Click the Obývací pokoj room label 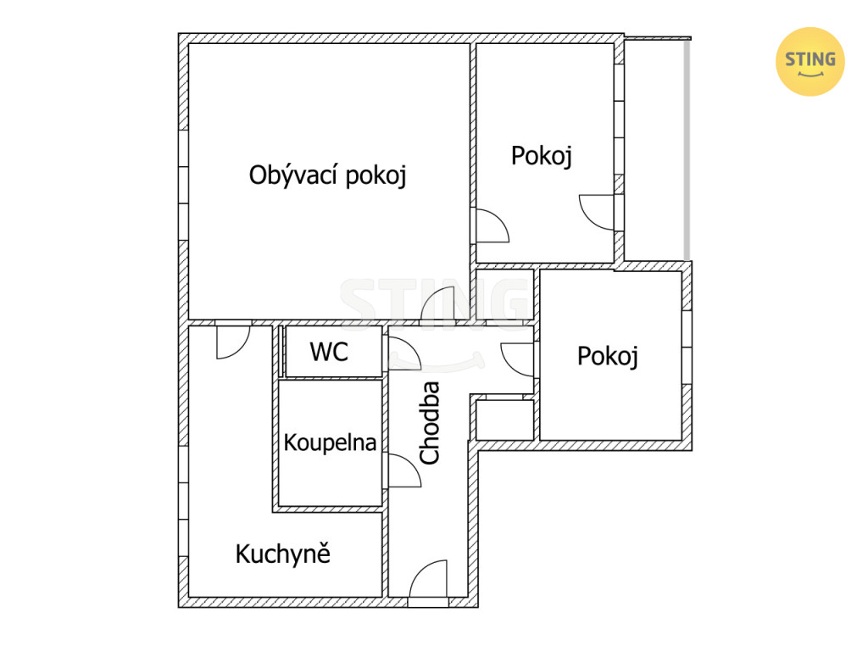328,175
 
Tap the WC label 330,352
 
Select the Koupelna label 330,442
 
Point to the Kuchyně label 283,554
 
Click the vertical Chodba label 430,423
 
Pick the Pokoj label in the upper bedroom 542,156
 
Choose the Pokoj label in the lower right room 608,356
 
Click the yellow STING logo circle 810,61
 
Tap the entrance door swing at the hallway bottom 429,578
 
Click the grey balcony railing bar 687,149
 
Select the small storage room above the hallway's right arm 504,294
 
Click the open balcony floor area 654,149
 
